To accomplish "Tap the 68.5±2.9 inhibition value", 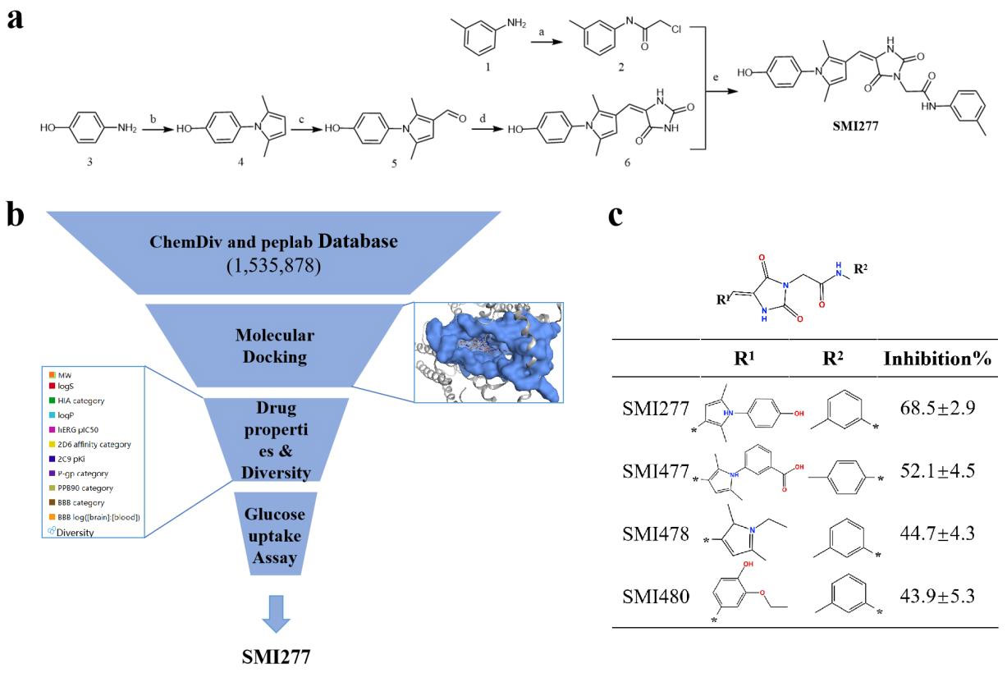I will click(935, 407).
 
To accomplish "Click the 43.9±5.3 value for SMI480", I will click(935, 595).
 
